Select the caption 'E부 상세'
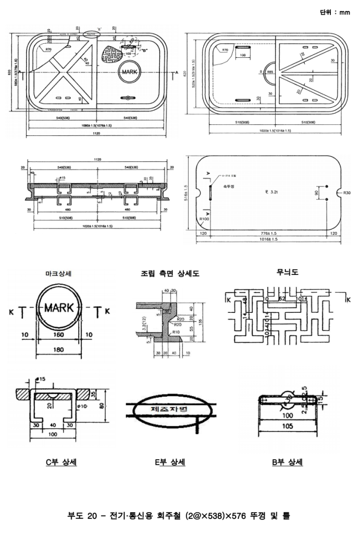coord(171,462)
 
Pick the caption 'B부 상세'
coord(288,462)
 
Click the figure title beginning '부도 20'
coord(180,516)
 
